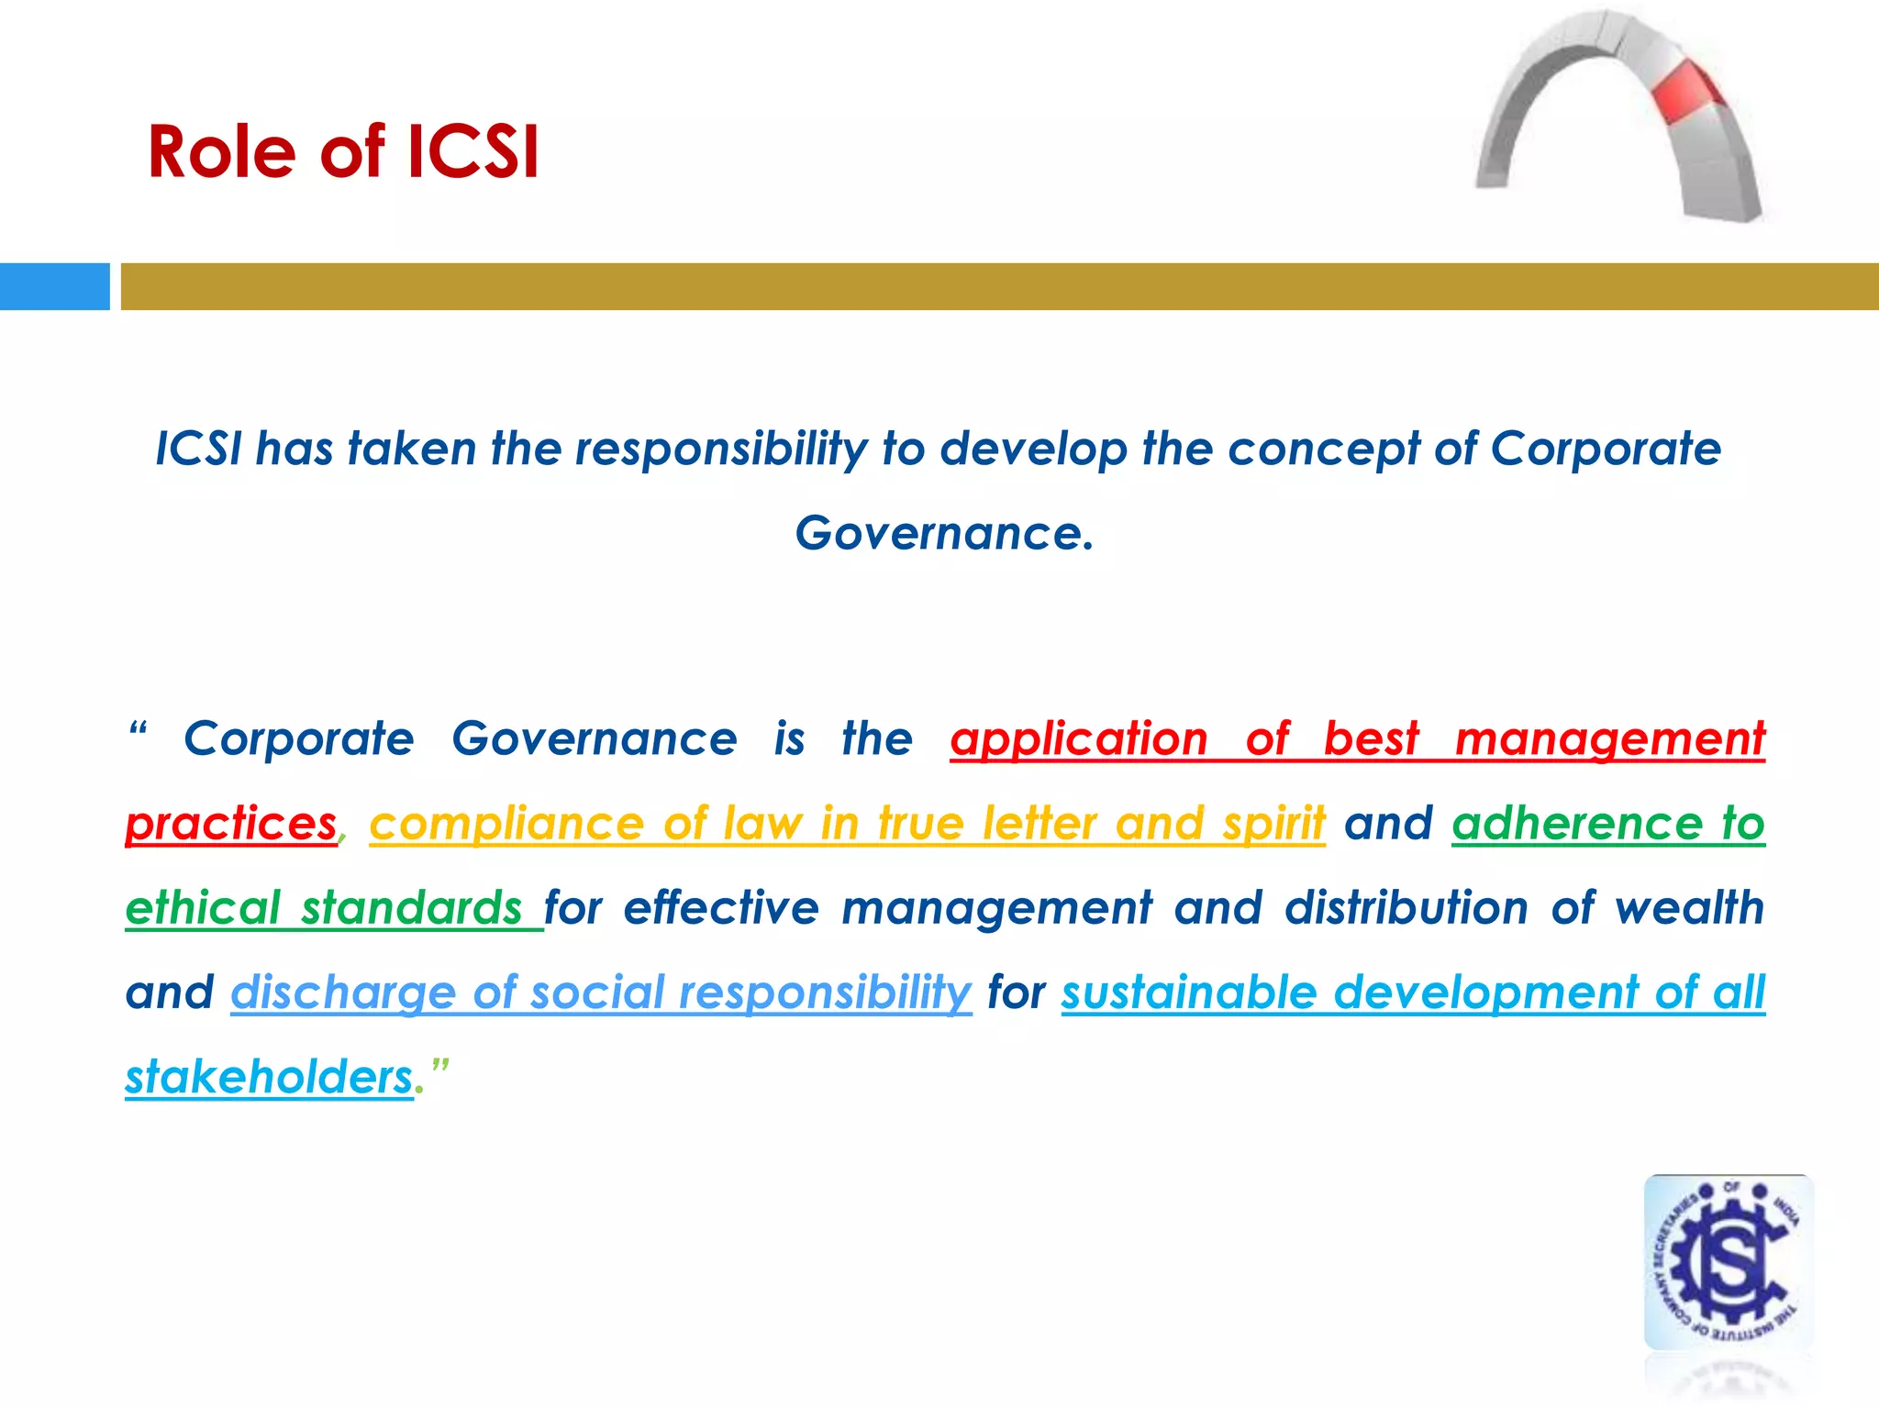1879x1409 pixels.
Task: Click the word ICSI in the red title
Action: coord(473,151)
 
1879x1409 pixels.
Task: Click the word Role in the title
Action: coord(221,151)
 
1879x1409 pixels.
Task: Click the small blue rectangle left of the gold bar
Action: coord(54,286)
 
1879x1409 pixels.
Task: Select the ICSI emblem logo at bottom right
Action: coord(1729,1263)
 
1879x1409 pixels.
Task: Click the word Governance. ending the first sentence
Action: coord(944,533)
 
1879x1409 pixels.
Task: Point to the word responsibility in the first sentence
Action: coord(720,449)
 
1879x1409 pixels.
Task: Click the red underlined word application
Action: coord(1078,739)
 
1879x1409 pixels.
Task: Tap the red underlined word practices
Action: coord(231,824)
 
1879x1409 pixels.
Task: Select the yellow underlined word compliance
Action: coord(506,824)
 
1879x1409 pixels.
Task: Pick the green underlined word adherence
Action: coord(1577,824)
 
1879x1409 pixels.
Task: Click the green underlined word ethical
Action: coord(202,908)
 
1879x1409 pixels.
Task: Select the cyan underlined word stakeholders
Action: coord(269,1077)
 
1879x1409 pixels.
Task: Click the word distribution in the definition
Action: coord(1406,908)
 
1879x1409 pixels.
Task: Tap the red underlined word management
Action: coord(1610,739)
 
